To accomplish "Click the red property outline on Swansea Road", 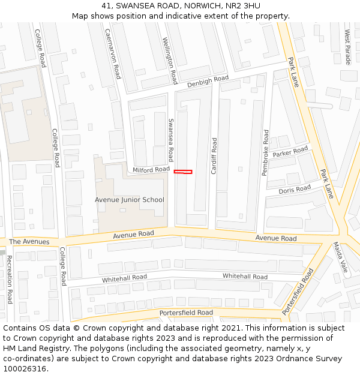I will tap(183, 172).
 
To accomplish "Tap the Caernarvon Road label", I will tap(113, 53).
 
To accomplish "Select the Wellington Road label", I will tap(170, 60).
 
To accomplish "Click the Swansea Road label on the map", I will tap(171, 139).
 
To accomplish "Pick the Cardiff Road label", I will tap(214, 156).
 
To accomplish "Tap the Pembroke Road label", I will tap(266, 152).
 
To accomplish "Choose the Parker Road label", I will tap(290, 151).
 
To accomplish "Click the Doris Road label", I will tap(295, 190).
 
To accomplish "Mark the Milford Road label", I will tap(151, 170).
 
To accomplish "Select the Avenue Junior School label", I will tap(129, 200).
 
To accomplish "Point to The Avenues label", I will tap(29, 242).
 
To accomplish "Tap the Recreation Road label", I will tap(9, 279).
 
